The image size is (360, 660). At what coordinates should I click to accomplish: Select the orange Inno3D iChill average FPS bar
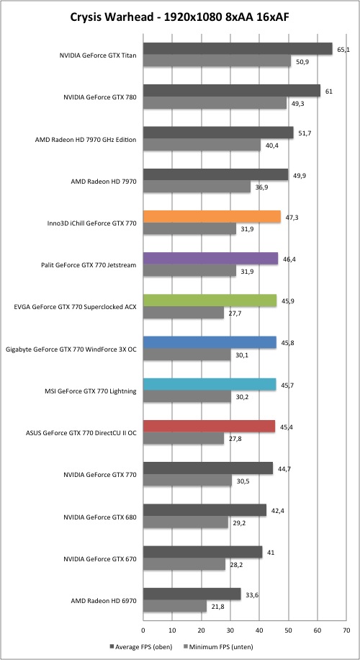point(212,217)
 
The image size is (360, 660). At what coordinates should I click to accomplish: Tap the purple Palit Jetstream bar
point(211,259)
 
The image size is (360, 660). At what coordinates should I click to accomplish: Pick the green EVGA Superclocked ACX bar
point(210,300)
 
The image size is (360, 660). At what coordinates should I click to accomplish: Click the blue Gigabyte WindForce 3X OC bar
point(210,343)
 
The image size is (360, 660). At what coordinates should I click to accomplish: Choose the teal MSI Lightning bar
point(210,385)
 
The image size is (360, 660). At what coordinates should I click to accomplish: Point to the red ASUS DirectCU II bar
point(210,427)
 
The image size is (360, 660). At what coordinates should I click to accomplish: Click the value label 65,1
point(343,50)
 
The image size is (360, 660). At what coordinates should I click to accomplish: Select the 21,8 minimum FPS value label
point(217,607)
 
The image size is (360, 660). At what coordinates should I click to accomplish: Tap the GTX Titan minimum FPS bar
point(217,61)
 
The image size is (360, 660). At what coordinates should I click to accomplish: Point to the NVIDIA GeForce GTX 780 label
point(99,97)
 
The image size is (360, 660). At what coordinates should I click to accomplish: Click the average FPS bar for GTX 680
point(204,510)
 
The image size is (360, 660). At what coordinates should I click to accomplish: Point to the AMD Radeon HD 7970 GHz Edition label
point(86,140)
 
